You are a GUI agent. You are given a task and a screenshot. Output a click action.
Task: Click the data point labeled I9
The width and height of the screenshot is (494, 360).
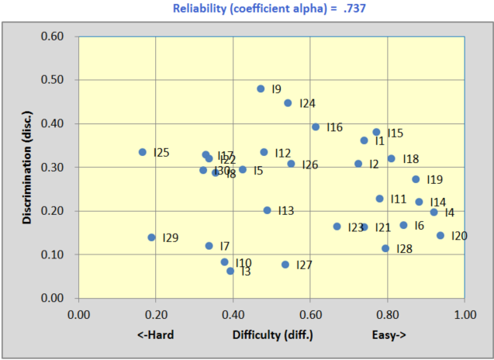(x=261, y=89)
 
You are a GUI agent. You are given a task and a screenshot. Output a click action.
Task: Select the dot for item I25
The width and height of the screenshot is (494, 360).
(x=143, y=152)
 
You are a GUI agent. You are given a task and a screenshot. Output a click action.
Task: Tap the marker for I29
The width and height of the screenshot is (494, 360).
(x=151, y=237)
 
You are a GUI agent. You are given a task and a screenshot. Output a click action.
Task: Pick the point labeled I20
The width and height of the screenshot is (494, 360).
(x=440, y=236)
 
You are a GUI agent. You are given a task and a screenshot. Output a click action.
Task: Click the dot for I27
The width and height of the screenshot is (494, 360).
(x=285, y=265)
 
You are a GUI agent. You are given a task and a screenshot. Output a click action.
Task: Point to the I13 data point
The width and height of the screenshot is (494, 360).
(x=268, y=210)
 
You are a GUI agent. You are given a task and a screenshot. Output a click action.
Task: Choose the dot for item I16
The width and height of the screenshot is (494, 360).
(x=316, y=127)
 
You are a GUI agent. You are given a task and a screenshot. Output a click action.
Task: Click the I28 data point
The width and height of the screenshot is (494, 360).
(x=385, y=248)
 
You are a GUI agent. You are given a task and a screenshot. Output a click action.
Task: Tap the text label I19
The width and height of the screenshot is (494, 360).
(x=434, y=180)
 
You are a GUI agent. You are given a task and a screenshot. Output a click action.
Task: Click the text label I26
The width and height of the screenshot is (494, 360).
(x=310, y=165)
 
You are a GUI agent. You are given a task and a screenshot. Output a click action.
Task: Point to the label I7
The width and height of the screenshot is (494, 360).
(x=225, y=246)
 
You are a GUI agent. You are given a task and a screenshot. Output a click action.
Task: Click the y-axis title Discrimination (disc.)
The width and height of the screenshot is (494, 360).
(x=28, y=167)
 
